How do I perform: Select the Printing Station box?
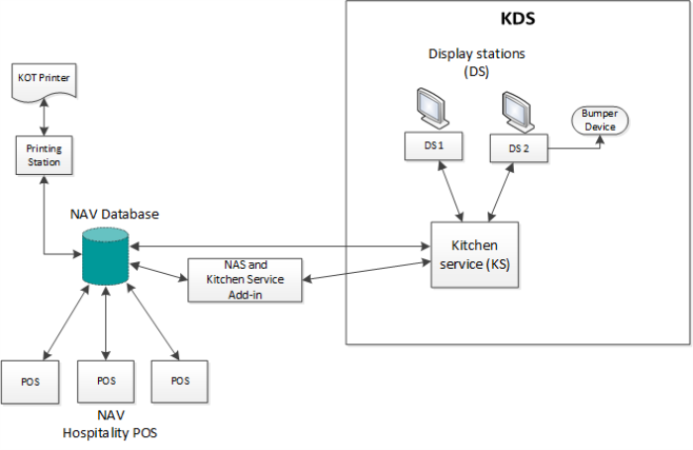tap(44, 154)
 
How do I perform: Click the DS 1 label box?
tap(434, 147)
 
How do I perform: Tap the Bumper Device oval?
tap(600, 121)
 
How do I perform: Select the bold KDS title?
tap(519, 19)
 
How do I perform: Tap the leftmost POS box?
tap(33, 379)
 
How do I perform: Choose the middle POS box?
tap(106, 379)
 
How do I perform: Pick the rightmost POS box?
tap(179, 379)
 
